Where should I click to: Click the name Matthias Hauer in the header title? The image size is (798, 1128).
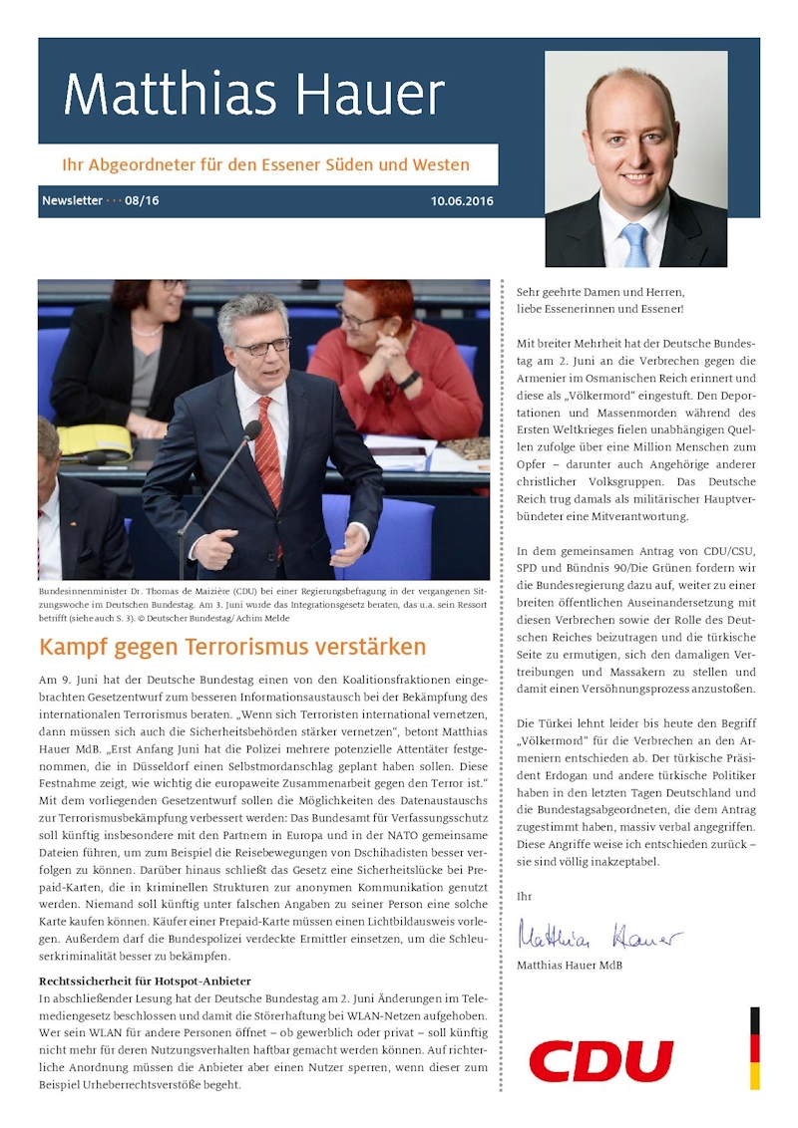(x=253, y=95)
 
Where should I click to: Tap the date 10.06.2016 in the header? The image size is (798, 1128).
(x=462, y=201)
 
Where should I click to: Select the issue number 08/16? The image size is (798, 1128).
(x=142, y=201)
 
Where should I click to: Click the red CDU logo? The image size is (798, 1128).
(x=600, y=1061)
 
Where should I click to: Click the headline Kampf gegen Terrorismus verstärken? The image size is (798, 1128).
(x=232, y=647)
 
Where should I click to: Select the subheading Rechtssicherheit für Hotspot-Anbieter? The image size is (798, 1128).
(x=145, y=981)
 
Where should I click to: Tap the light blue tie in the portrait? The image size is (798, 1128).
(x=634, y=245)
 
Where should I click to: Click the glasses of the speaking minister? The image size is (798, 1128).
(x=262, y=346)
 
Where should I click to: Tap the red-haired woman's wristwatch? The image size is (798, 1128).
(x=410, y=380)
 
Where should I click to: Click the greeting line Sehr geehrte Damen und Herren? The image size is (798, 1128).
(x=600, y=292)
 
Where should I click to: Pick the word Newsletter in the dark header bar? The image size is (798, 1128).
(x=72, y=201)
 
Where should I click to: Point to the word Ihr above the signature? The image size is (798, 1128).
(x=525, y=897)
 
